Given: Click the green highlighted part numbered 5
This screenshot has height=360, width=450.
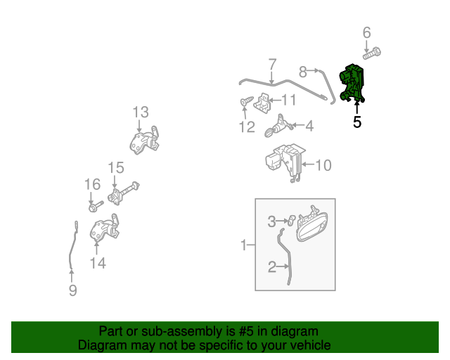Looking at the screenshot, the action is pos(352,83).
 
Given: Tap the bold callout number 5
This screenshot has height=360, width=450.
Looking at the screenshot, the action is pos(357,122).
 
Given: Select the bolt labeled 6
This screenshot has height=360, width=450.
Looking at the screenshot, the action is pos(372,53).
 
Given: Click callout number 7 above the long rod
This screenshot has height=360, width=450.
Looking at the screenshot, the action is pos(272,65).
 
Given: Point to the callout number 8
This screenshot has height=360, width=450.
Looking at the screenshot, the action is pos(303,72).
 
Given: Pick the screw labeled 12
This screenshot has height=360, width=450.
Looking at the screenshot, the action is pos(247,101).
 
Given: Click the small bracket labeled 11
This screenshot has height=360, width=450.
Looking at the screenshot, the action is pos(262,103).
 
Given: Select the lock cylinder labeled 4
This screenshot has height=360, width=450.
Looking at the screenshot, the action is pos(278,127).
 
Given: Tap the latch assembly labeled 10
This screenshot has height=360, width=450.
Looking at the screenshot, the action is pos(285,162).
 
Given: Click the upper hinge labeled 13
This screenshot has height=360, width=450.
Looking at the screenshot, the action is pos(144,141).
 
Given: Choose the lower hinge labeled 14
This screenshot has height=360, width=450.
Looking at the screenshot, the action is pos(105,227).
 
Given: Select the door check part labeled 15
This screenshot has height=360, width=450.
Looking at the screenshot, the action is pos(124,193).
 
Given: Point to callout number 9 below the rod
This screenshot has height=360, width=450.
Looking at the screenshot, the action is pos(73,290).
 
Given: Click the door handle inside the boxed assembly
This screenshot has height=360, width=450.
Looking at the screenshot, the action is pos(312,224).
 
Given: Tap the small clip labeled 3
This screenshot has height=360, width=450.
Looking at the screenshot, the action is pos(292,221).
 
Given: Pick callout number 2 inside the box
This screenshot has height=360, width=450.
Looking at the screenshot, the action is pos(272,266).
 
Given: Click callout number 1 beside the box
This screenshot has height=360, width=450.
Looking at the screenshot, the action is pos(244,245).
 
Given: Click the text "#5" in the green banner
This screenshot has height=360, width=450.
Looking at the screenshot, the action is pos(246,331).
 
